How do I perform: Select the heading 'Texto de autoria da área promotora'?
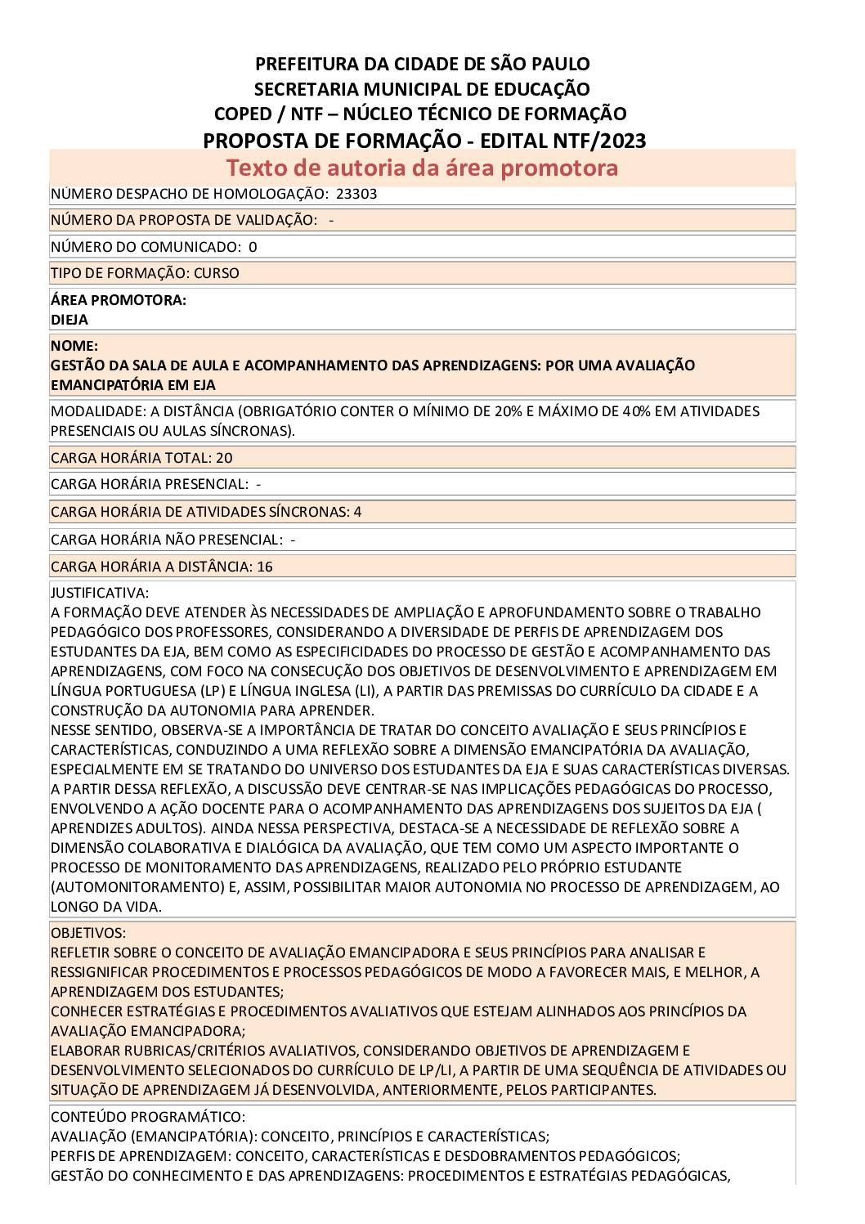tap(422, 168)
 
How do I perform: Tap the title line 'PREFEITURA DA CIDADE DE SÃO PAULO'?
tap(422, 64)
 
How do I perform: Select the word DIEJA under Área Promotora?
tap(69, 320)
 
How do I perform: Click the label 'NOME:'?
tap(74, 346)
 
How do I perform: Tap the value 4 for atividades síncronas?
tap(357, 512)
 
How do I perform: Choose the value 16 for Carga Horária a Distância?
tap(264, 567)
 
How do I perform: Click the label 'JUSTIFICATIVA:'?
tap(100, 592)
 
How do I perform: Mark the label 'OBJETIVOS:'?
tap(88, 933)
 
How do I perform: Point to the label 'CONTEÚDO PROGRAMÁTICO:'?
tap(148, 1117)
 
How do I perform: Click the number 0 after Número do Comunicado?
tap(253, 247)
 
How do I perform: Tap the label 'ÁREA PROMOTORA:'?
tap(119, 300)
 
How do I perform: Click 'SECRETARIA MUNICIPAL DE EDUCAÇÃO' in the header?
tap(422, 89)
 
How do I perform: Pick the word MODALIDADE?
tap(95, 411)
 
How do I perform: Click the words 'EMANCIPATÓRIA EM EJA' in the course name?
tap(133, 384)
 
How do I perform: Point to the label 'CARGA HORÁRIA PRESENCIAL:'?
tap(150, 484)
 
